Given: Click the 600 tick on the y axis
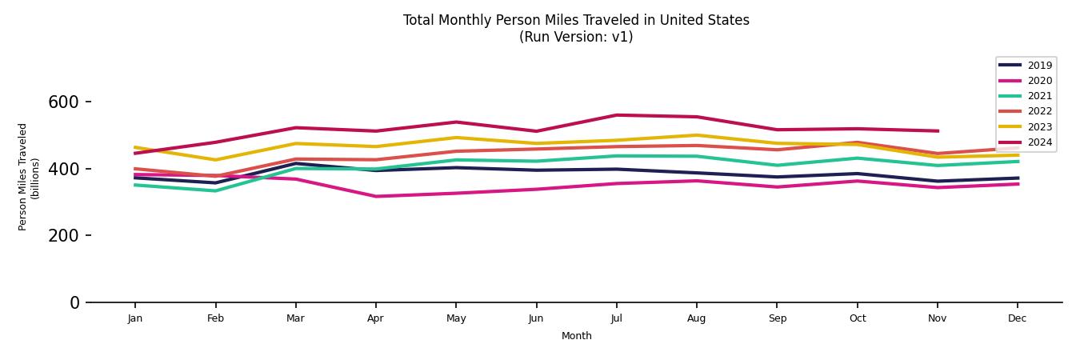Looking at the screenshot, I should point(64,102).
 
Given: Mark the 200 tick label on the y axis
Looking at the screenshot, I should point(64,236).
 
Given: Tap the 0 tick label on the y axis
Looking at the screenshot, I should point(74,302).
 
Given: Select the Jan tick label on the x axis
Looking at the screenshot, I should point(135,318).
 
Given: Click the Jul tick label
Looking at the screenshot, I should point(616,318).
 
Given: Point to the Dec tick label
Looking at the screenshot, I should point(1017,318).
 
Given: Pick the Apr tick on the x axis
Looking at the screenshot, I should point(375,318).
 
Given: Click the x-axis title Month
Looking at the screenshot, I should point(576,336).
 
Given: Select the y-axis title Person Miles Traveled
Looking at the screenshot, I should point(23,177).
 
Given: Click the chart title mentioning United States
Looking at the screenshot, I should point(576,20).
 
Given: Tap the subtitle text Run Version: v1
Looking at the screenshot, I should point(576,37).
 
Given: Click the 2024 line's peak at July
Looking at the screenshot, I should point(616,115).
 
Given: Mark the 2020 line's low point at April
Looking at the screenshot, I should point(375,196).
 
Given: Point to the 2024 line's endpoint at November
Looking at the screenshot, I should point(937,130).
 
